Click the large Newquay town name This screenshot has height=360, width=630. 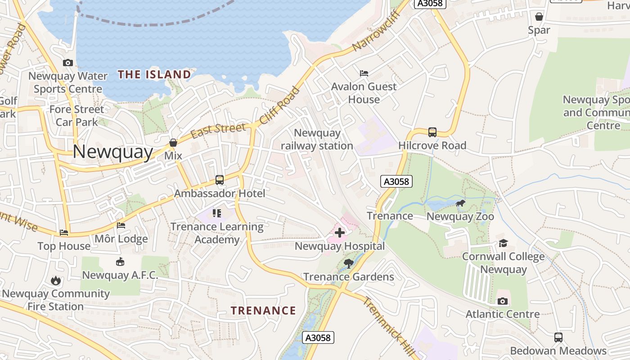pos(113,152)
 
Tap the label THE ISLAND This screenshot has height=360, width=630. pos(154,74)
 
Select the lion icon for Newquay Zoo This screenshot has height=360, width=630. pos(460,203)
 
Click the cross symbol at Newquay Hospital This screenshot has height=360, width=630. pos(340,233)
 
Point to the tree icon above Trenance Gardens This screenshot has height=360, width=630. pos(348,264)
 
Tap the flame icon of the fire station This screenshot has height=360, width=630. pos(55,281)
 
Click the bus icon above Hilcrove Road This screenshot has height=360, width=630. pos(432,132)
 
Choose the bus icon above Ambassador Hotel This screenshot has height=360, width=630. pos(219,180)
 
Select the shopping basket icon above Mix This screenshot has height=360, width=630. pos(173,143)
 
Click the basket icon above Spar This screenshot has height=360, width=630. pos(539,17)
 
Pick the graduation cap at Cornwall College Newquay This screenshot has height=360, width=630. pos(503,243)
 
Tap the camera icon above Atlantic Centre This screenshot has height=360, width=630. pos(503,301)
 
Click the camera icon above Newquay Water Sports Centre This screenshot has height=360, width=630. pos(68,63)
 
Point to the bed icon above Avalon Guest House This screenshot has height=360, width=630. pos(364,73)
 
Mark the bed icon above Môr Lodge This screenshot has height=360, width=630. pos(121,225)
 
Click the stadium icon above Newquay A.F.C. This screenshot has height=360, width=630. pos(120,262)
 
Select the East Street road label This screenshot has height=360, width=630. pos(218,131)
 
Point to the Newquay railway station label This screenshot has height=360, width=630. pos(317,139)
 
